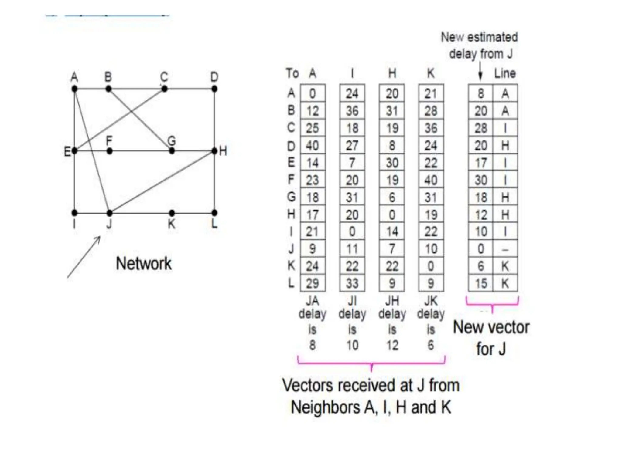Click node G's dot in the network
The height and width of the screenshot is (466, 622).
[172, 151]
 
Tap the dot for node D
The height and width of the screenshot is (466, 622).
[214, 89]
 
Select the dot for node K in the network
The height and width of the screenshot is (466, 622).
[172, 213]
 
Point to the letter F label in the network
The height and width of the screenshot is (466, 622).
[109, 141]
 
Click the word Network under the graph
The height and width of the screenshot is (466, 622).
[144, 263]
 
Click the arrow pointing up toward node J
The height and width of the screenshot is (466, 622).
[84, 257]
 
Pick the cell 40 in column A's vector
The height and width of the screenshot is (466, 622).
[312, 146]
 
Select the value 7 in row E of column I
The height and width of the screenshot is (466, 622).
[352, 163]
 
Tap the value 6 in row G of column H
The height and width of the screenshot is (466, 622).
[392, 198]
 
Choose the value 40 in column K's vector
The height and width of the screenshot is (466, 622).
[431, 180]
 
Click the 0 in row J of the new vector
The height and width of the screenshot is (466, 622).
[480, 249]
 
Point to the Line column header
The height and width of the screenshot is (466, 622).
[505, 73]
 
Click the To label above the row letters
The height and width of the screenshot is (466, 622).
[292, 73]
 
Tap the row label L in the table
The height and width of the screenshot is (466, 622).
[291, 283]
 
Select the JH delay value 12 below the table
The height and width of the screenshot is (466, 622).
[392, 345]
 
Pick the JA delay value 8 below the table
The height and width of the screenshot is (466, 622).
[312, 345]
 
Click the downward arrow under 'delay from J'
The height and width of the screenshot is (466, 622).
[480, 72]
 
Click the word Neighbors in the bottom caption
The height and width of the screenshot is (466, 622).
[325, 407]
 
